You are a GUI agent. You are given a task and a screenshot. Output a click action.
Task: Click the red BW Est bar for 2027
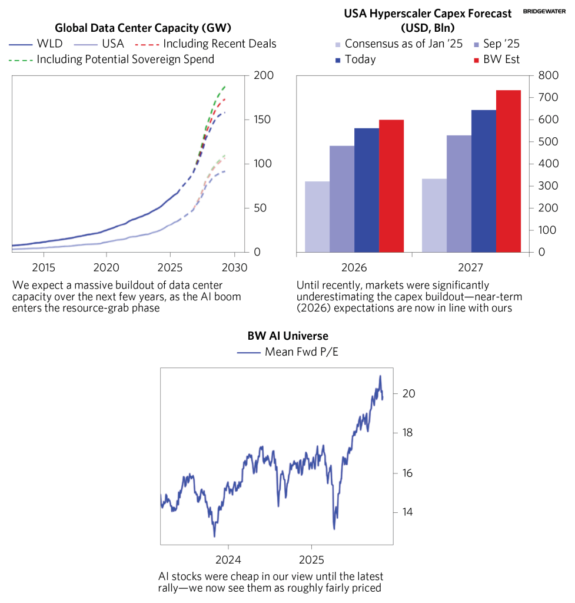point(508,171)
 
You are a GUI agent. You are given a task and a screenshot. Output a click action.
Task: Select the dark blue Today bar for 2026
point(366,190)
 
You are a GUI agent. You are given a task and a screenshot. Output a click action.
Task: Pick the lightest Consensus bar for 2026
point(317,216)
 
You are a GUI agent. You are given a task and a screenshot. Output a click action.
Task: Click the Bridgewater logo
point(545,11)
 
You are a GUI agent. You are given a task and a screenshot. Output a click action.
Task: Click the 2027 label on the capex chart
point(471,268)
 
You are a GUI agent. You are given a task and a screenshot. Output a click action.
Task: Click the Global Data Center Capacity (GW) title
point(143,28)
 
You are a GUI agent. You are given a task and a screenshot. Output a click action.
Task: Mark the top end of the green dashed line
point(225,87)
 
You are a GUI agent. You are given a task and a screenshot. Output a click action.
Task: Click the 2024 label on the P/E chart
point(228,558)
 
